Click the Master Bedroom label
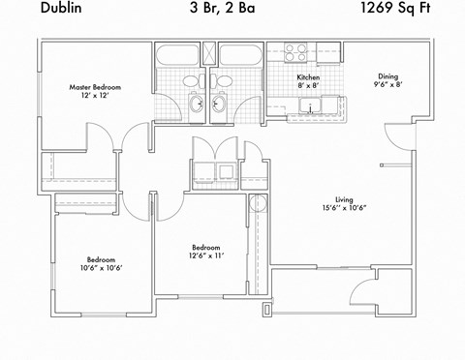[x=94, y=87]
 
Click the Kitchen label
[x=308, y=76]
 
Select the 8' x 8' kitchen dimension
[x=308, y=85]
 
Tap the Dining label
[x=387, y=76]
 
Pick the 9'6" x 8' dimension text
[x=387, y=86]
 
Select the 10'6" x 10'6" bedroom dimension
[x=102, y=268]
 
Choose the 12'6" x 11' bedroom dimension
[x=205, y=255]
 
